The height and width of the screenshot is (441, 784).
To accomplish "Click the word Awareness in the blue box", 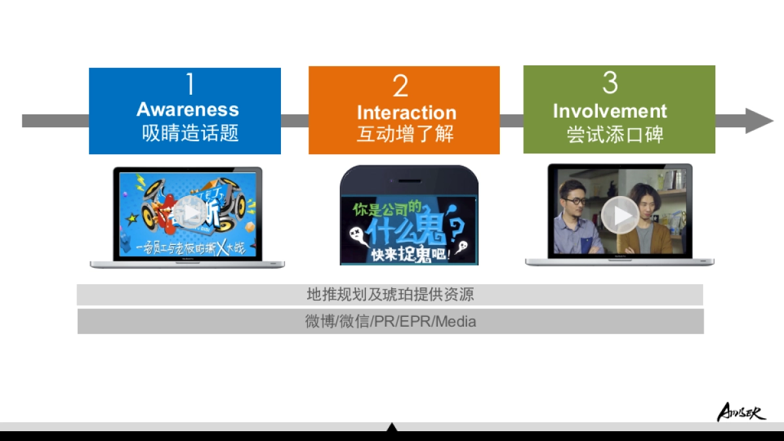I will (188, 109).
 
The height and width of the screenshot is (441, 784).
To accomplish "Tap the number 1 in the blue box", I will (189, 84).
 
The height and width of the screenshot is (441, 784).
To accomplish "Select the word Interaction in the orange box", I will (406, 112).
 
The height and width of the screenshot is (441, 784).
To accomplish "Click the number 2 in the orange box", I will (400, 86).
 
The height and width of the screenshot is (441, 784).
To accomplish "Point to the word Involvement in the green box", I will (610, 111).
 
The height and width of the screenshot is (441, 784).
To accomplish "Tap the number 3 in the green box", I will (610, 83).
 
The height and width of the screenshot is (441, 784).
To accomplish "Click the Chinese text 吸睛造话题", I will (190, 133).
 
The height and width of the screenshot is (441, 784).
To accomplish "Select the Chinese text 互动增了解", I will (405, 134).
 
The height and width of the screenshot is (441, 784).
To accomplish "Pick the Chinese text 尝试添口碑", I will (615, 135).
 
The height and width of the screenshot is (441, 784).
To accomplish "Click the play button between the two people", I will (619, 215).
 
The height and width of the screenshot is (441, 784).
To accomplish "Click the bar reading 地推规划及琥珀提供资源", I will (390, 295).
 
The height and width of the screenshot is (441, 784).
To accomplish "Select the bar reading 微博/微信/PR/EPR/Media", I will (390, 321).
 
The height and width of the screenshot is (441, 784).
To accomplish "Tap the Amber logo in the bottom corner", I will (741, 412).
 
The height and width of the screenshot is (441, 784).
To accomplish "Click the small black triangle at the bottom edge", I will (391, 427).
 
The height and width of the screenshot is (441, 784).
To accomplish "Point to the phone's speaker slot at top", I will (409, 179).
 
